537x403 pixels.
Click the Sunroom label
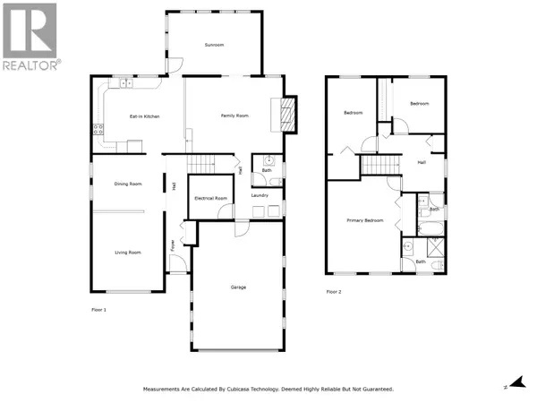click(213, 45)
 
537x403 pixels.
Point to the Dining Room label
click(128, 184)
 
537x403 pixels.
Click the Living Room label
click(128, 253)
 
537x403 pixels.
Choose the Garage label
click(238, 287)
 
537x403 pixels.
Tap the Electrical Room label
click(209, 198)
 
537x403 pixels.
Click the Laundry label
click(260, 194)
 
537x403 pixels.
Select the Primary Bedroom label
click(364, 219)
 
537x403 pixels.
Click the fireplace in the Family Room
click(286, 114)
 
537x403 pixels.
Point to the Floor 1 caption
click(98, 309)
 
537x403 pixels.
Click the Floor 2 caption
click(334, 292)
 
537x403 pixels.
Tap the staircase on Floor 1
click(205, 164)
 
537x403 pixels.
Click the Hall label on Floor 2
click(422, 162)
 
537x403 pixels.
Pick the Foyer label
click(173, 244)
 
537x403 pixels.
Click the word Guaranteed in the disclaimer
click(377, 389)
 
